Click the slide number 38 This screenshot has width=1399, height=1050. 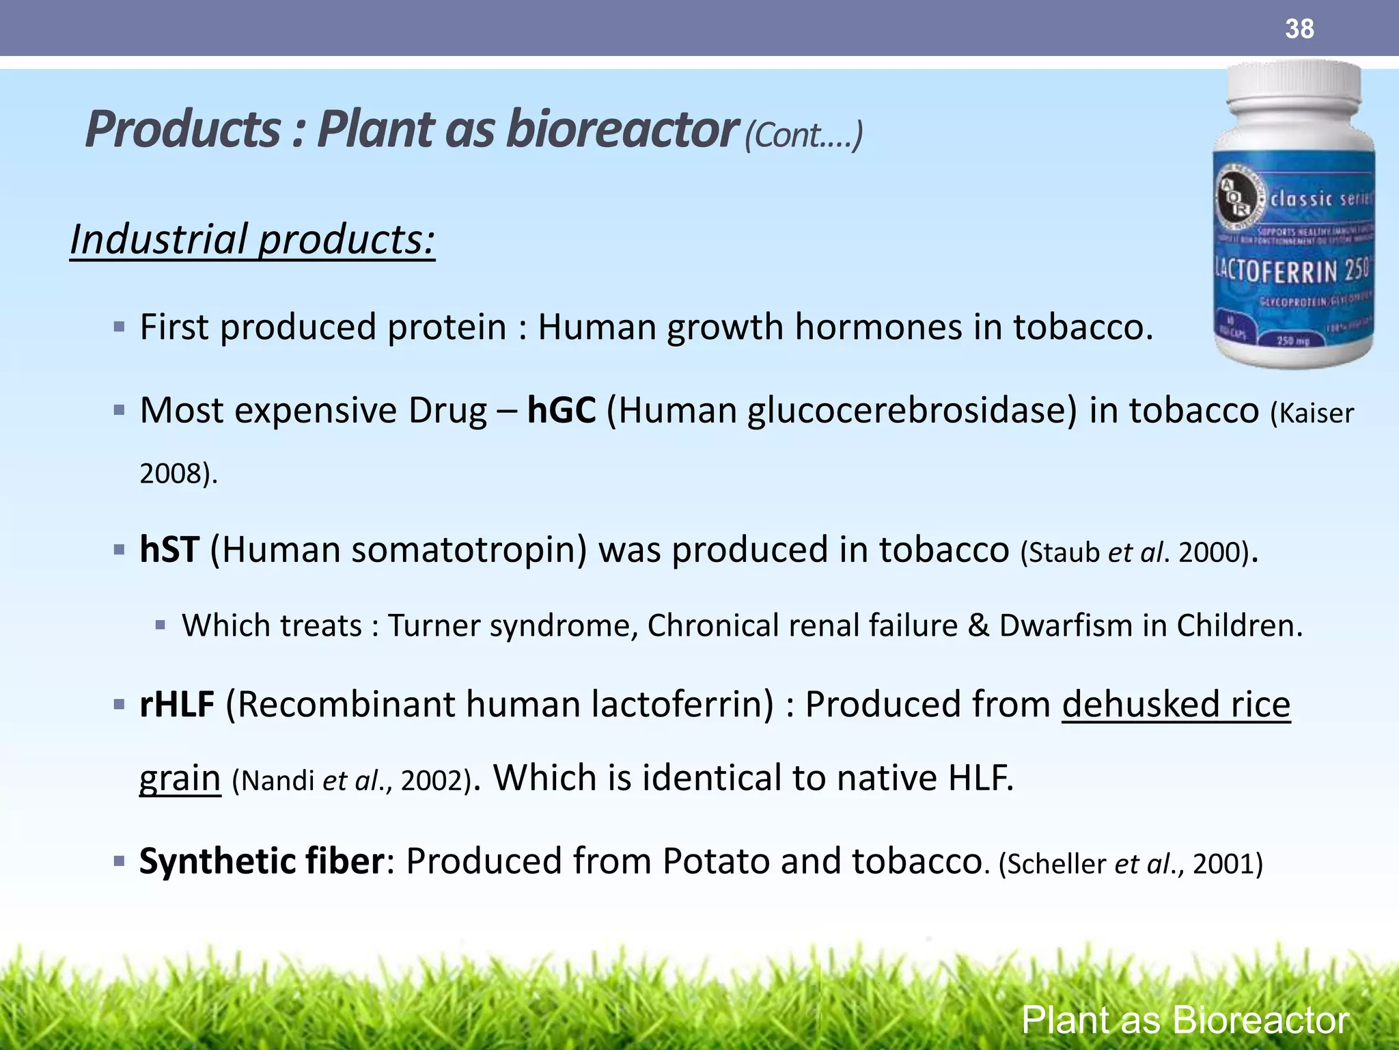coord(1299,29)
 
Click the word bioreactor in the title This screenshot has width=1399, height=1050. coord(621,130)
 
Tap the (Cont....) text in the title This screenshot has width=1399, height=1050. coord(803,135)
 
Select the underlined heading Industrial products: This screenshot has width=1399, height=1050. coord(252,240)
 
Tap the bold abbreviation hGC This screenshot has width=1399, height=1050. coord(562,411)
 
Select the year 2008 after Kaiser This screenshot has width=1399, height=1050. coord(171,474)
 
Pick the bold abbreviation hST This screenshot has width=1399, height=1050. coord(169,550)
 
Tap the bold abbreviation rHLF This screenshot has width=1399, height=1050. coord(177,704)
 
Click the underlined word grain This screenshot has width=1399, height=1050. coord(180,778)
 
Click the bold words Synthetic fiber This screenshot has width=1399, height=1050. coord(262,861)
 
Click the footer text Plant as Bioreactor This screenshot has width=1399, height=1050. coord(1185,1021)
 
